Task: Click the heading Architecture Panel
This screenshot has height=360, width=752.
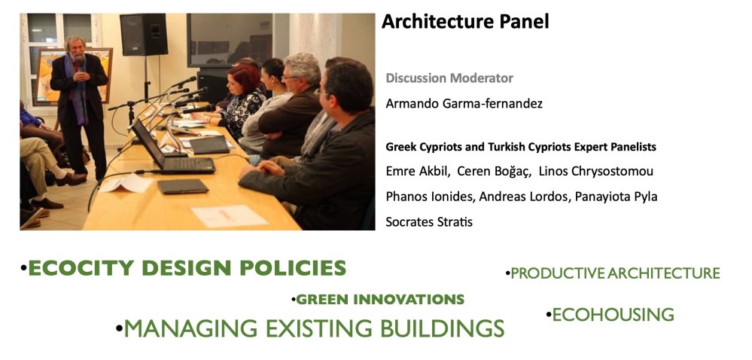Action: pos(464,22)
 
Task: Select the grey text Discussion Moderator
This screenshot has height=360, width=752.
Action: pos(449,78)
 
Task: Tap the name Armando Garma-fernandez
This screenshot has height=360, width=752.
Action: pos(464,104)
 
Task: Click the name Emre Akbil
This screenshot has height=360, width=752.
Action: pos(417,172)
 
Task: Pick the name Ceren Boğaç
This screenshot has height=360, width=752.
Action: pos(494,172)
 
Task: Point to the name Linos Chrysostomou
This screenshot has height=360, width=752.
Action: pos(596,172)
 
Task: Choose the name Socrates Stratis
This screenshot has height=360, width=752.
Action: pos(429,222)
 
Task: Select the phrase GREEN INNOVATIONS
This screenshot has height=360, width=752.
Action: pos(380,300)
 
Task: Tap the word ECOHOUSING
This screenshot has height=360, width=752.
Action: pos(613,315)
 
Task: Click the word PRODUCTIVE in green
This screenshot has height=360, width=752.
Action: pos(557,273)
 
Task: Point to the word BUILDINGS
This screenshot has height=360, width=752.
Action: pos(442,329)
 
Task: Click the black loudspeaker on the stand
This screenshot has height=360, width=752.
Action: pos(143,34)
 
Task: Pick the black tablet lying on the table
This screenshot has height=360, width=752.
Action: pos(183,186)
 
